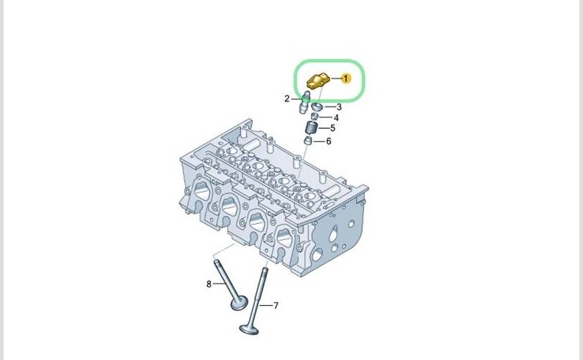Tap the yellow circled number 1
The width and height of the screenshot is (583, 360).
[x=345, y=78]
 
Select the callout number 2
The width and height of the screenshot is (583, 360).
[x=286, y=99]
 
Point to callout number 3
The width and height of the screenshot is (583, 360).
[x=339, y=107]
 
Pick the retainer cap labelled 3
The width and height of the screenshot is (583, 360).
[x=317, y=107]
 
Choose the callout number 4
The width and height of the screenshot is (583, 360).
[x=335, y=118]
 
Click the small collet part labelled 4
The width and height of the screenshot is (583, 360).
[x=315, y=117]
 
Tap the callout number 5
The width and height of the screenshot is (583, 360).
[x=333, y=128]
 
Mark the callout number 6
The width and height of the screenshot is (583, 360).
[x=328, y=141]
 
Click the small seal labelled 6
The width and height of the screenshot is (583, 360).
[x=308, y=141]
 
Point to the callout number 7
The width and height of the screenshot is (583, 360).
[x=276, y=306]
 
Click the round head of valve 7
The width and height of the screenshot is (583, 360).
[x=249, y=329]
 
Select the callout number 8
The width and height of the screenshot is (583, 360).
[x=209, y=284]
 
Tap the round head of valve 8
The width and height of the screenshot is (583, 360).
[x=239, y=302]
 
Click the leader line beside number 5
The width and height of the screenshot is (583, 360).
[x=323, y=128]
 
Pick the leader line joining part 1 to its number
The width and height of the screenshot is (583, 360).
[x=335, y=78]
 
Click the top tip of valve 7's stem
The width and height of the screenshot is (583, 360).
[x=265, y=268]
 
